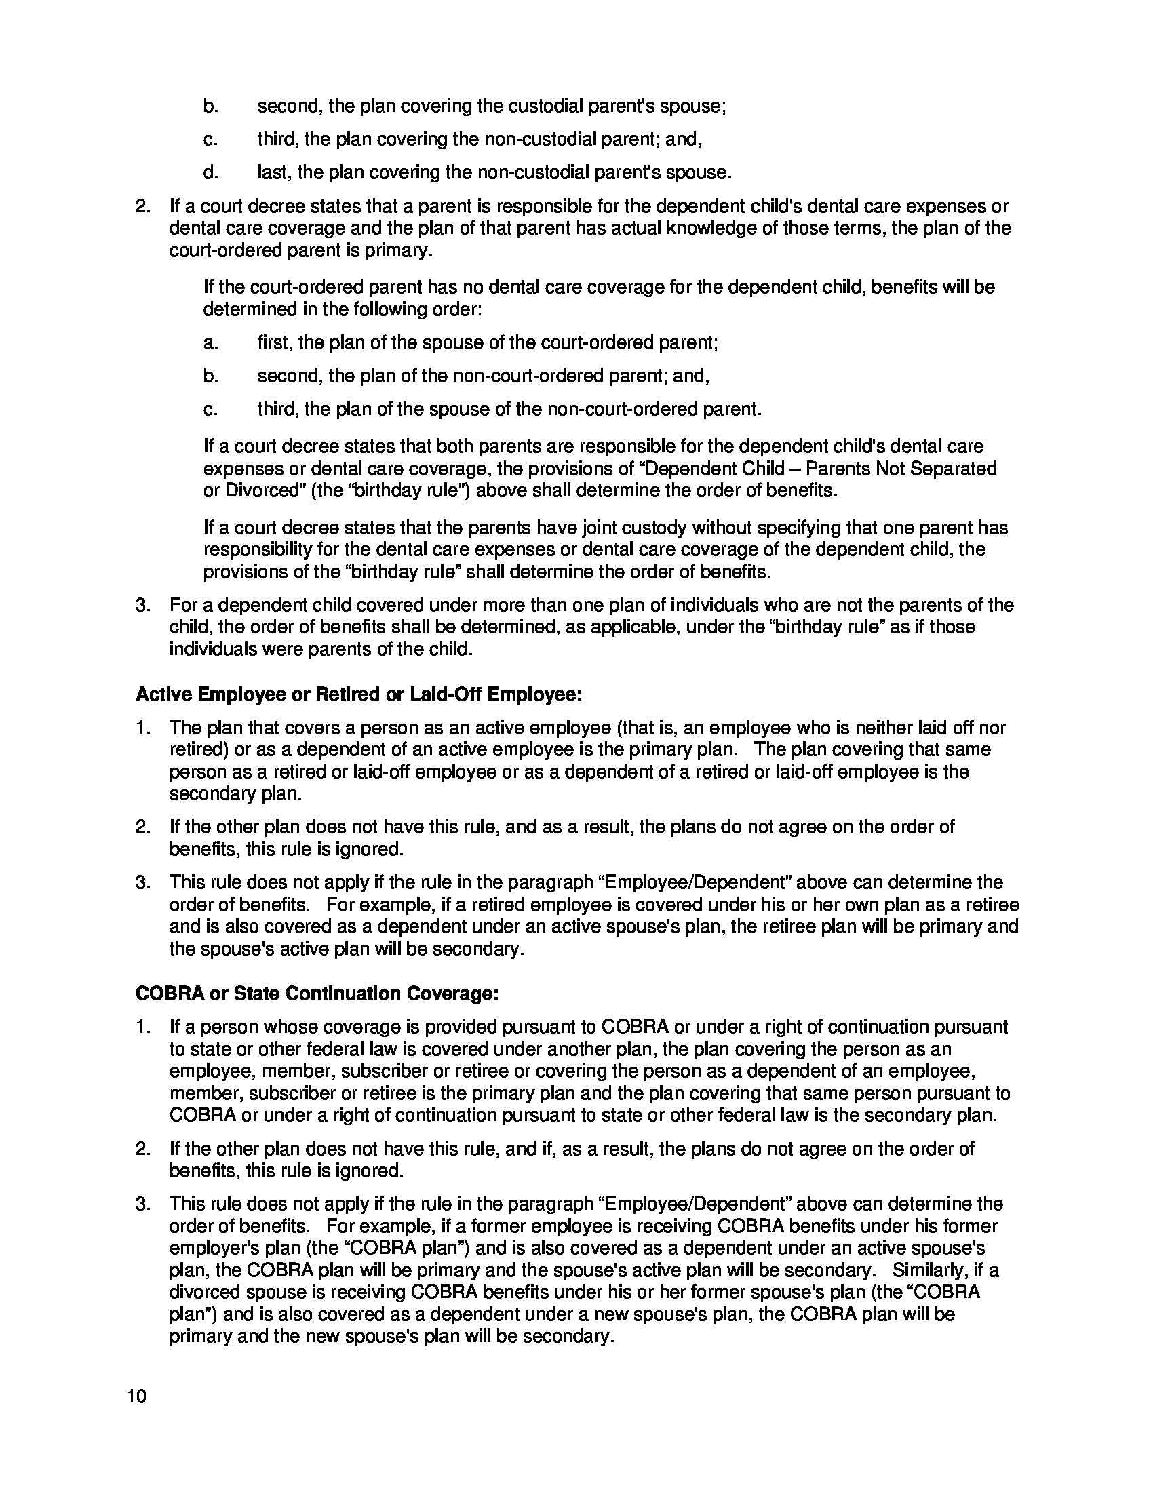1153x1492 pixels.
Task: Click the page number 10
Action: tap(136, 1396)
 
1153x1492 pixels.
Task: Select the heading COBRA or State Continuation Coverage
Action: tap(317, 994)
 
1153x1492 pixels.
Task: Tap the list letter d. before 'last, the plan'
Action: tap(210, 172)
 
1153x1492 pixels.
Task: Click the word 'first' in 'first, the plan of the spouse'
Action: tap(273, 342)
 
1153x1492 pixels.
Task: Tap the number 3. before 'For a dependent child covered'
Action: tap(142, 604)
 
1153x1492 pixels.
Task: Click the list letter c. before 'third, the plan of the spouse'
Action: tap(210, 409)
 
